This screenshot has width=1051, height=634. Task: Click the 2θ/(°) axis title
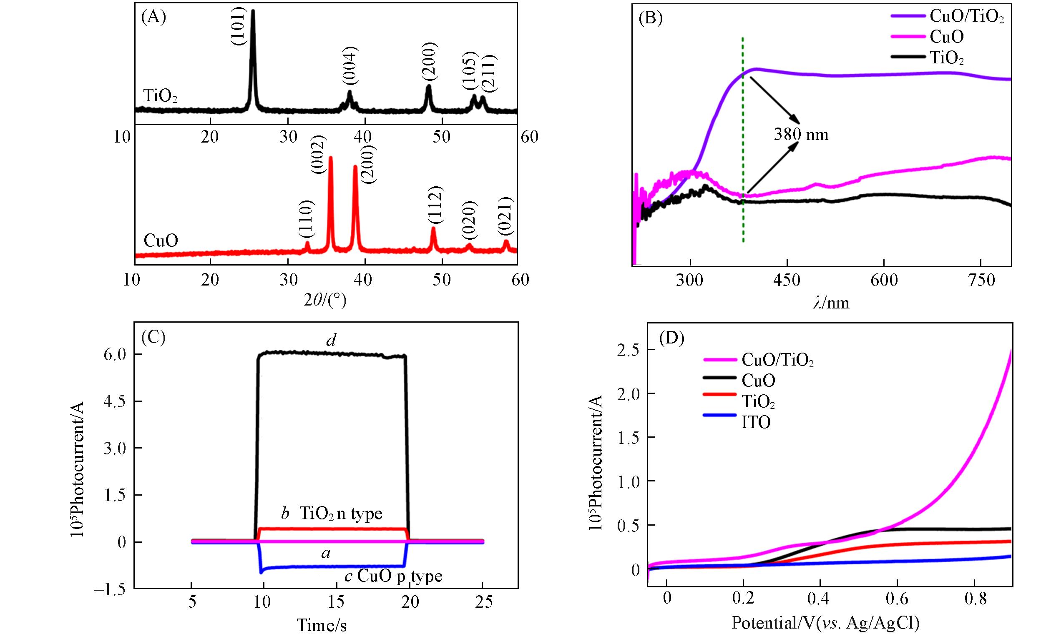pyautogui.click(x=325, y=301)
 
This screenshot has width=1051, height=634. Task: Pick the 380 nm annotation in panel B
pyautogui.click(x=801, y=135)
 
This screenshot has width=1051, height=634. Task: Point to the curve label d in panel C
pyautogui.click(x=332, y=340)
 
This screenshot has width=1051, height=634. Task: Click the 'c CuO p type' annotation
pyautogui.click(x=393, y=576)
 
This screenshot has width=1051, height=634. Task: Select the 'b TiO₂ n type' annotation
pyautogui.click(x=332, y=514)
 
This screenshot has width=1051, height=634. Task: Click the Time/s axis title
pyautogui.click(x=322, y=625)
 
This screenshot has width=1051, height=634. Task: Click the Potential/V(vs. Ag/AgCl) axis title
pyautogui.click(x=826, y=623)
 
